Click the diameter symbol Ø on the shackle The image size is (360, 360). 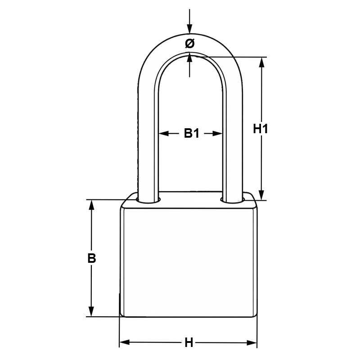(x=189, y=43)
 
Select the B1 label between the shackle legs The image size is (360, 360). (x=192, y=133)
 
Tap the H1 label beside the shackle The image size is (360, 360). (x=261, y=129)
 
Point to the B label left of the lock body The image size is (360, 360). (x=92, y=258)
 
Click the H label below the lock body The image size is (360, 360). (x=189, y=343)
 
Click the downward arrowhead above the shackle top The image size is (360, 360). (x=189, y=29)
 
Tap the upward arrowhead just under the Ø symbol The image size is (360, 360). (x=189, y=58)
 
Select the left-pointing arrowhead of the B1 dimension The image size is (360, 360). (x=163, y=133)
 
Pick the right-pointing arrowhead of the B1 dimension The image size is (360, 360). (x=217, y=133)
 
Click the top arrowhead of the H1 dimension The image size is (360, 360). (x=262, y=62)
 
